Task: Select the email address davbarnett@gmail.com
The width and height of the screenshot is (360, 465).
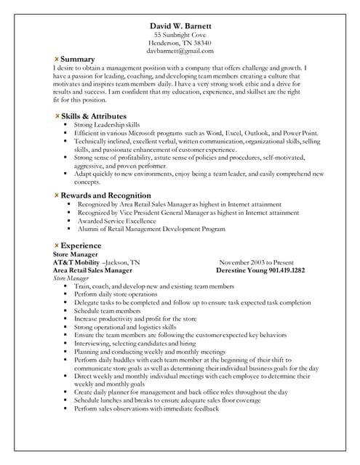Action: tap(180, 51)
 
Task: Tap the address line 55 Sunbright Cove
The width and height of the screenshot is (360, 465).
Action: tap(180, 35)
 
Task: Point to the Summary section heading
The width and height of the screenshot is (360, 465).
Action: tap(78, 58)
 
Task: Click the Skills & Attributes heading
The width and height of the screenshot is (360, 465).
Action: tap(94, 116)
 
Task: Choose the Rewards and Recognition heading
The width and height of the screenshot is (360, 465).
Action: tap(105, 195)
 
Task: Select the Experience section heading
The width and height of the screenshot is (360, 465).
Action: tap(81, 245)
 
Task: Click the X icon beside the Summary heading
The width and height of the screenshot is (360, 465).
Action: tap(57, 58)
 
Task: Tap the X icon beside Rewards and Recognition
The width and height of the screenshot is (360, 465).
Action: tap(57, 195)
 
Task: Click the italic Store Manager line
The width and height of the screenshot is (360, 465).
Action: tap(71, 278)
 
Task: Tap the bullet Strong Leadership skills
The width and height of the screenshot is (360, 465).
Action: tap(107, 125)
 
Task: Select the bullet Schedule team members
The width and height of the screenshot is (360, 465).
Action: tap(107, 310)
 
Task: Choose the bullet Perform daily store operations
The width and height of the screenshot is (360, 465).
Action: tap(116, 294)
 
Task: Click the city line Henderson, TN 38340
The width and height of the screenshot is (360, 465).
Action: tap(180, 43)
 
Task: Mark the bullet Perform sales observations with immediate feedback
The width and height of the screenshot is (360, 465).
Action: tap(146, 408)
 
